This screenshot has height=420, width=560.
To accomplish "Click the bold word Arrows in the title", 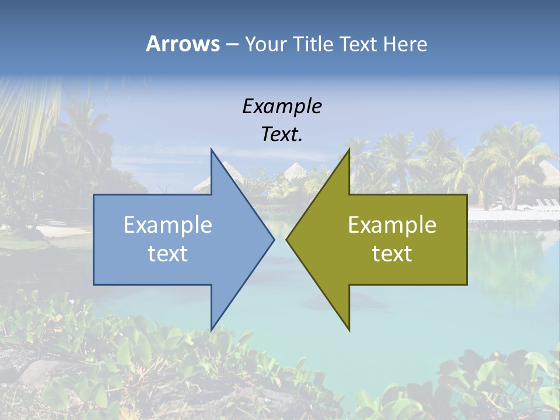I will point(183,44).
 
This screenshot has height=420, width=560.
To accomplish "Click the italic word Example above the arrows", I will point(282,106).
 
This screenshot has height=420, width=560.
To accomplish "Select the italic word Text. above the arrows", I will point(282,135).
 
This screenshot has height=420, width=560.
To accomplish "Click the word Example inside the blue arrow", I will point(168,225).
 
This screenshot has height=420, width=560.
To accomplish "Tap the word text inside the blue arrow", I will point(168,254).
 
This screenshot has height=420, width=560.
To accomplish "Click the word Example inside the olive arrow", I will point(392,225).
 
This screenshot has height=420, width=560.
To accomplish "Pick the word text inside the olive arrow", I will point(392,254).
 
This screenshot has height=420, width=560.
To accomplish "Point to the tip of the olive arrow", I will point(287,239).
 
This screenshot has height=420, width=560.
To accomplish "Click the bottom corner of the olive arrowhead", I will point(349,330).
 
